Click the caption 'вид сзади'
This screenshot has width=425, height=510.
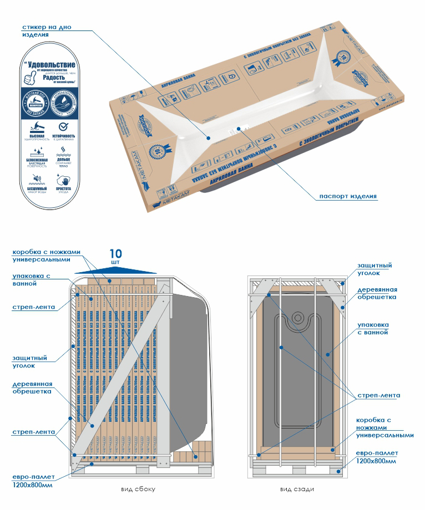tap(294, 489)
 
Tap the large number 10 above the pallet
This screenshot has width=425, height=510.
tap(116, 253)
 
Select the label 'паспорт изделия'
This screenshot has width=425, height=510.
tap(348, 196)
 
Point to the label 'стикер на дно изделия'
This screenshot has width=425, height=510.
tap(47, 30)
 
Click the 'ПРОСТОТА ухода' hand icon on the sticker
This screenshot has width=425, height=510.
tap(64, 179)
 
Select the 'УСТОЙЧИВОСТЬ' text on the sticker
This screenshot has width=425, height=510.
tap(64, 135)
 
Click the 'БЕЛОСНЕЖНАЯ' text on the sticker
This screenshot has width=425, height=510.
tap(38, 159)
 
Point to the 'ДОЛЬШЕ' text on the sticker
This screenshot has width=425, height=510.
tap(64, 159)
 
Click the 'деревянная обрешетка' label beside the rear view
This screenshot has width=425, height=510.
tap(377, 293)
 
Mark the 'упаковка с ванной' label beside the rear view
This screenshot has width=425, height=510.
tap(373, 328)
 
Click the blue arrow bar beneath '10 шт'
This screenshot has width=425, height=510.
tap(116, 270)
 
